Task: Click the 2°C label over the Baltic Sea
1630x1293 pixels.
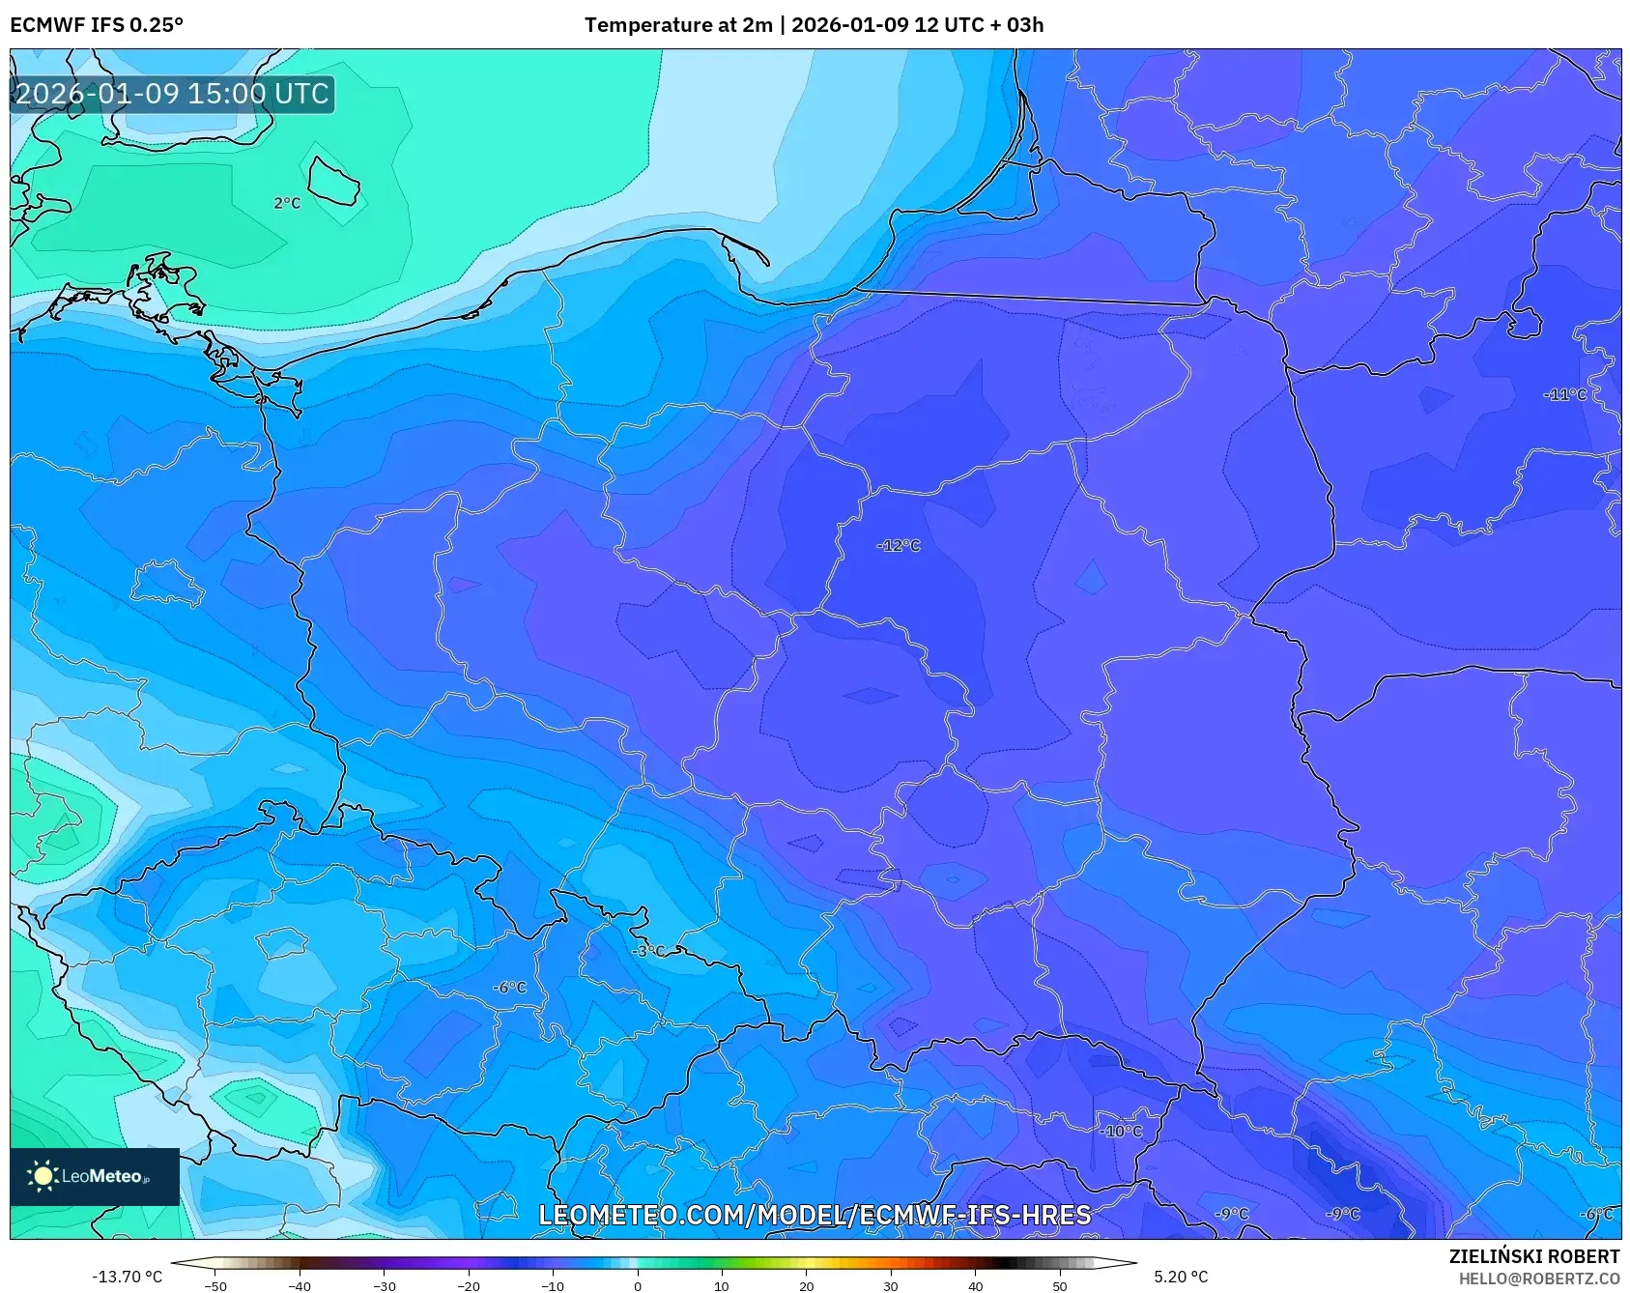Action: pyautogui.click(x=287, y=203)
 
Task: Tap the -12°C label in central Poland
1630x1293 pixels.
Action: pyautogui.click(x=899, y=546)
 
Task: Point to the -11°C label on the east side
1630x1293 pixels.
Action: pyautogui.click(x=1564, y=394)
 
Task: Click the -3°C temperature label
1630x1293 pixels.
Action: pyautogui.click(x=648, y=951)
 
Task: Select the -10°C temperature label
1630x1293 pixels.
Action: pyautogui.click(x=1121, y=1131)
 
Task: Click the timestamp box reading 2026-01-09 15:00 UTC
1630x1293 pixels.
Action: pyautogui.click(x=172, y=94)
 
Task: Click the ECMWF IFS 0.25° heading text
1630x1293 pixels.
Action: pyautogui.click(x=97, y=25)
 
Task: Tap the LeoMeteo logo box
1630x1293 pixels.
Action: pyautogui.click(x=95, y=1176)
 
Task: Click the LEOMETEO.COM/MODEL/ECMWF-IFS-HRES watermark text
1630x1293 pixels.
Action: pyautogui.click(x=815, y=1215)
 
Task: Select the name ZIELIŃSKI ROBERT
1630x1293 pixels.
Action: pyautogui.click(x=1533, y=1256)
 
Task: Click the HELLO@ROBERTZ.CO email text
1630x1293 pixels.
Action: pyautogui.click(x=1538, y=1279)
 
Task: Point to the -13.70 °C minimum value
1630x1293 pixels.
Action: pyautogui.click(x=127, y=1277)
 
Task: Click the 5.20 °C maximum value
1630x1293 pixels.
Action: pyautogui.click(x=1181, y=1277)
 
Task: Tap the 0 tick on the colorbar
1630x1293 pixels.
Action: pyautogui.click(x=637, y=1285)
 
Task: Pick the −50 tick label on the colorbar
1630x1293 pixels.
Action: pyautogui.click(x=215, y=1285)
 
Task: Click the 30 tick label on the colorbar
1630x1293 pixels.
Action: pyautogui.click(x=890, y=1285)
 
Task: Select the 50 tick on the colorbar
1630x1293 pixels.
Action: pyautogui.click(x=1059, y=1285)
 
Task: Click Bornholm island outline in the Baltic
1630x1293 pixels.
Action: pyautogui.click(x=333, y=181)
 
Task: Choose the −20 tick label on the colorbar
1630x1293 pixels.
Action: pyautogui.click(x=469, y=1285)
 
